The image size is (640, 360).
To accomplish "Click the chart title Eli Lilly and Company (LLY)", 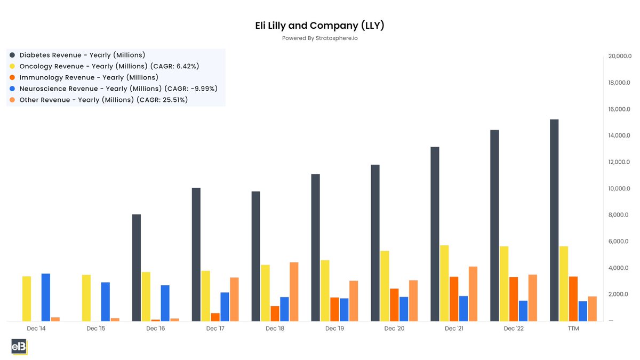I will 319,26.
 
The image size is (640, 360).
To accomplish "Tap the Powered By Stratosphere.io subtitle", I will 319,38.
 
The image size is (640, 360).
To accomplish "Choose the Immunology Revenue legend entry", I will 89,77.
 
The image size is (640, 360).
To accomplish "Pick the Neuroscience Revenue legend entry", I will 118,89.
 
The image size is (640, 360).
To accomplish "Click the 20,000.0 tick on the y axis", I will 620,57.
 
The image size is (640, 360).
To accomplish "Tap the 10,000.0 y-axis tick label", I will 620,189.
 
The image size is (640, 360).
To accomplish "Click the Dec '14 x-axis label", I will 36,329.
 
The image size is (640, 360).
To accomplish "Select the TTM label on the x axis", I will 573,329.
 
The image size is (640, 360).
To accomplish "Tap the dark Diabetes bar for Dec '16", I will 137,267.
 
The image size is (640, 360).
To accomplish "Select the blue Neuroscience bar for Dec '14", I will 46,297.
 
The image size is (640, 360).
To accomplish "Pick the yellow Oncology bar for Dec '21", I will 444,283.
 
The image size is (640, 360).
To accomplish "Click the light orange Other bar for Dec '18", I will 294,291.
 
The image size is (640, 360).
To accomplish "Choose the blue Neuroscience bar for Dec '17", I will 225,306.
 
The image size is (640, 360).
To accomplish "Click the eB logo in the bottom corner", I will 19,347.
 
